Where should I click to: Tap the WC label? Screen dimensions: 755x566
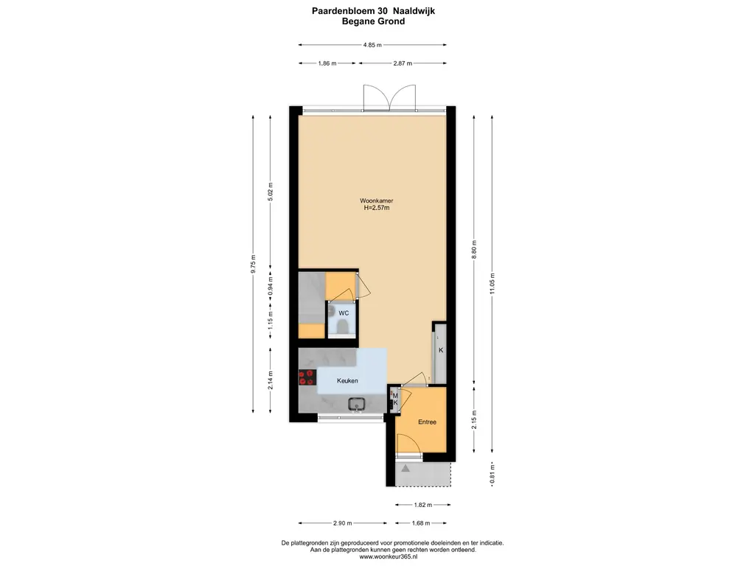[x=344, y=313]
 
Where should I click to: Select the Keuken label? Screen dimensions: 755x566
[x=347, y=381]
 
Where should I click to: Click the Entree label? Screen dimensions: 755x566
[x=427, y=422]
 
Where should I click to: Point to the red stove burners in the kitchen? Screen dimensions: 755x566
[x=307, y=377]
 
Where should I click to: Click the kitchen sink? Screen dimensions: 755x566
[x=357, y=405]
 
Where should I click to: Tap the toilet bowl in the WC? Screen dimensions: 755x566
[x=343, y=328]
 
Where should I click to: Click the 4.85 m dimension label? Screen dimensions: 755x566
[x=372, y=45]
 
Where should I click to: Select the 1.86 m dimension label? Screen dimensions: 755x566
[x=327, y=63]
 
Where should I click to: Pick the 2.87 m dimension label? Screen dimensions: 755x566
[x=403, y=63]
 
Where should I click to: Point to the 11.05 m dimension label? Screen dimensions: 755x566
[x=492, y=284]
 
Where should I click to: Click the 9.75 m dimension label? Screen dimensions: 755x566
[x=254, y=265]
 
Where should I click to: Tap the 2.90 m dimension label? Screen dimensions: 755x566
[x=342, y=523]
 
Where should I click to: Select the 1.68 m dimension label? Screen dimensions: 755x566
[x=421, y=523]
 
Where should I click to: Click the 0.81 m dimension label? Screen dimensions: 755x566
[x=492, y=474]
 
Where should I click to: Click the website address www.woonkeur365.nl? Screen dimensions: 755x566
[x=388, y=557]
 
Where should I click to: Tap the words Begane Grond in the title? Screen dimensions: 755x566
[x=373, y=21]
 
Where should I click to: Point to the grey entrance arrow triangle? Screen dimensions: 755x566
[x=406, y=468]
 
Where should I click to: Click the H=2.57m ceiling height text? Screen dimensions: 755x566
[x=377, y=208]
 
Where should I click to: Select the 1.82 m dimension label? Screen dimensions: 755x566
[x=422, y=505]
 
